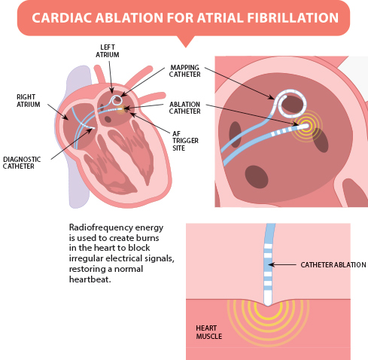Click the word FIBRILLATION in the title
pos(293,18)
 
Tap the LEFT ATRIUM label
pos(108,51)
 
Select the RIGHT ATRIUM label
pos(29,101)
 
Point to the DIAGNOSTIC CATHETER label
pos(22,163)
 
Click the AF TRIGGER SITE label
pos(185,141)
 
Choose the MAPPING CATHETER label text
pos(184,71)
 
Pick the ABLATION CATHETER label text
pos(184,108)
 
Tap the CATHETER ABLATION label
pos(333,265)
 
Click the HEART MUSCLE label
pos(209,332)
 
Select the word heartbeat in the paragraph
pos(90,279)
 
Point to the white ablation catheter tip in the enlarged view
pos(303,126)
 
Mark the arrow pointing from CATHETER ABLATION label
pos(282,264)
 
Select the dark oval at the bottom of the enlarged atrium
pos(257,177)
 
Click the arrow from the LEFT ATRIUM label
pos(111,77)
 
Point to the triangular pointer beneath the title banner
pos(186,41)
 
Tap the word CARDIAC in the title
pos(62,18)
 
